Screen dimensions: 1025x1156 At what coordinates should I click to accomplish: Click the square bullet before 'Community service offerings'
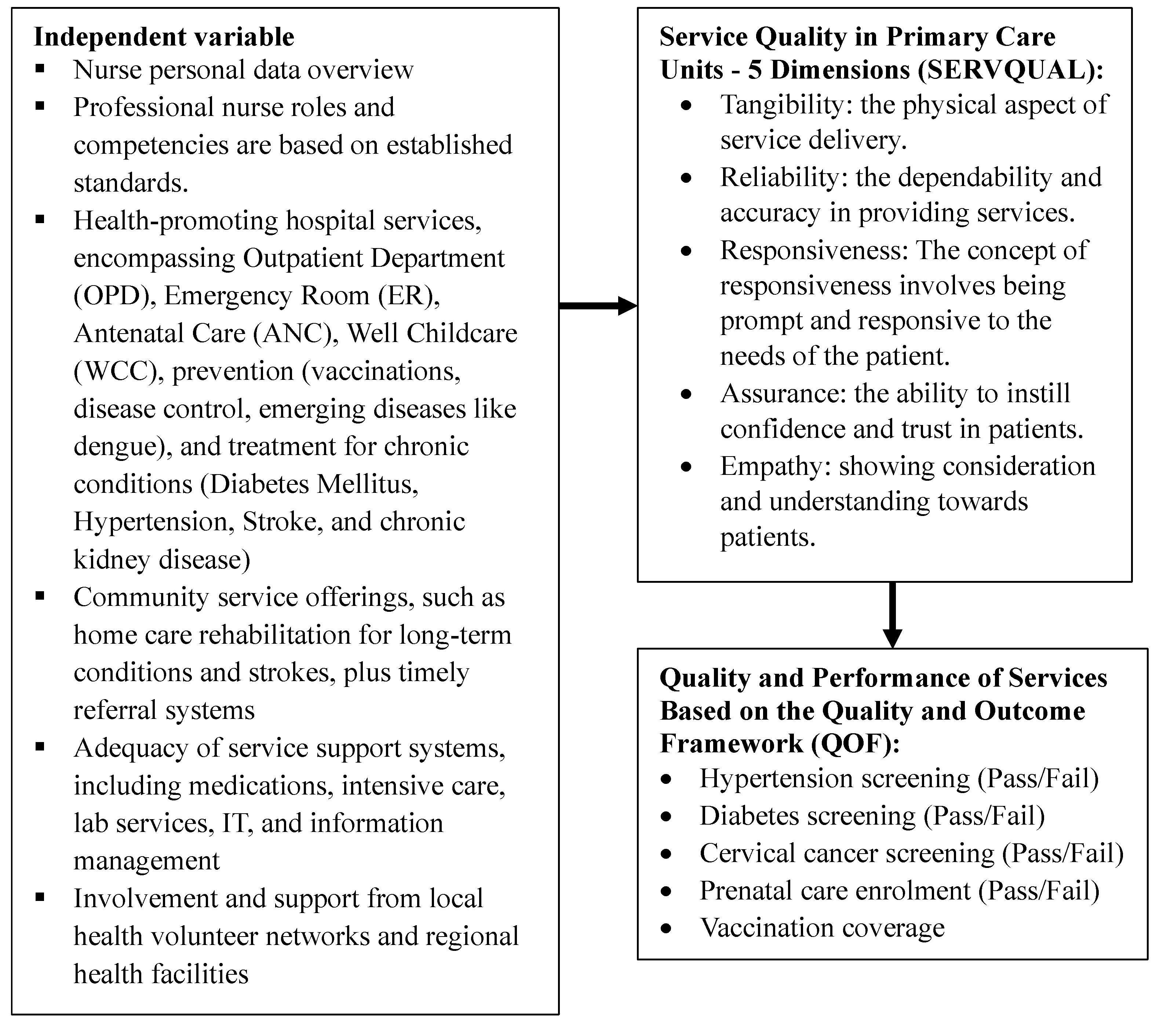click(40, 596)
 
